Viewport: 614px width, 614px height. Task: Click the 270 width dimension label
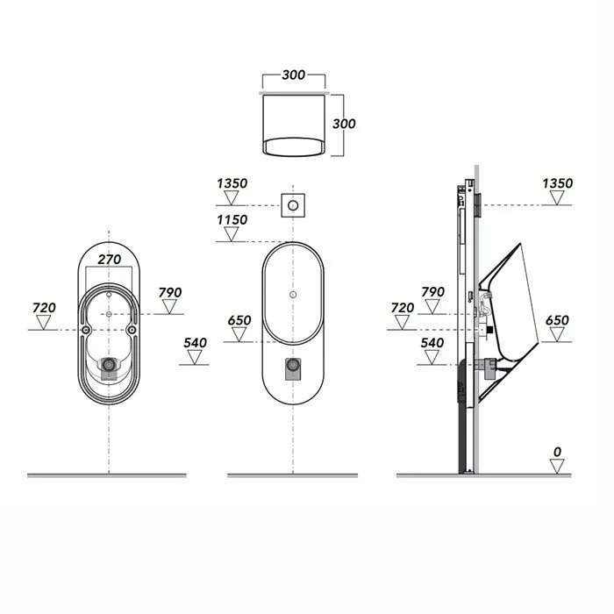pyautogui.click(x=110, y=260)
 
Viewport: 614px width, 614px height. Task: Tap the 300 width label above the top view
pyautogui.click(x=293, y=75)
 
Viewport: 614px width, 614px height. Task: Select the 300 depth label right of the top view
pyautogui.click(x=344, y=124)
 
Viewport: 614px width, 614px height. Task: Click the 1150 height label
pyautogui.click(x=232, y=219)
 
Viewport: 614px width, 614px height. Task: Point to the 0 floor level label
pyautogui.click(x=557, y=452)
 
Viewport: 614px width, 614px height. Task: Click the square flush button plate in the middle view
pyautogui.click(x=293, y=205)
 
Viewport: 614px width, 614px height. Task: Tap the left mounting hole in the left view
pyautogui.click(x=85, y=330)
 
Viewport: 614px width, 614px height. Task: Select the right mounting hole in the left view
pyautogui.click(x=132, y=330)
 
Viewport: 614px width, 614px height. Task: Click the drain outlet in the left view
pyautogui.click(x=109, y=365)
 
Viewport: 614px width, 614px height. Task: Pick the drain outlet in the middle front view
pyautogui.click(x=293, y=366)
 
